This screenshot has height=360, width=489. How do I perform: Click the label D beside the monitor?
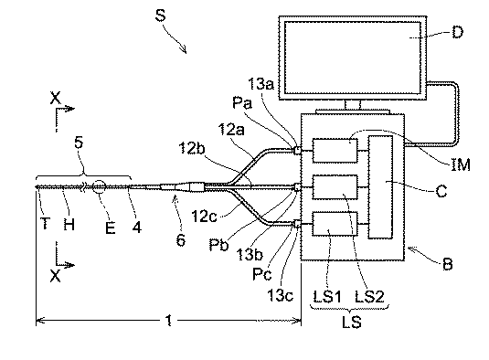[x=457, y=32]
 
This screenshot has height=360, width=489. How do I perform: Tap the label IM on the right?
[x=461, y=164]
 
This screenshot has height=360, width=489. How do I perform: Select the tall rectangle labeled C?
[x=380, y=187]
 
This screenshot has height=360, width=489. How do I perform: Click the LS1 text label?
[x=327, y=296]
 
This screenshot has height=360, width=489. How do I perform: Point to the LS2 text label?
[x=369, y=296]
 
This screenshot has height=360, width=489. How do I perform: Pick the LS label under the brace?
[x=352, y=323]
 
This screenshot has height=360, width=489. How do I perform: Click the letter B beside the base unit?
[x=448, y=264]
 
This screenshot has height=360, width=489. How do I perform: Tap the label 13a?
[x=261, y=84]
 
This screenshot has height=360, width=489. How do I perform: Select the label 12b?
[x=192, y=148]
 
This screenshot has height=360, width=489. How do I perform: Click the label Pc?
[x=262, y=274]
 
